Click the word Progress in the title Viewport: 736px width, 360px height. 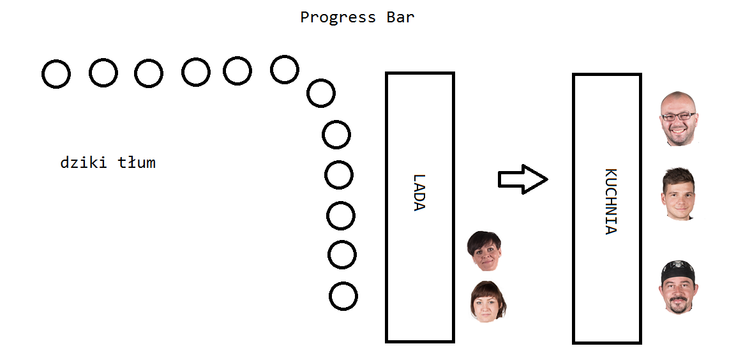coord(338,17)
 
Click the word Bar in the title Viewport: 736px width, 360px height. coord(400,17)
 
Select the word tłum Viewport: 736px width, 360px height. coord(137,163)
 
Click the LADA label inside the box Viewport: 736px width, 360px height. coord(419,192)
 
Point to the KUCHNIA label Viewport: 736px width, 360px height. coord(611,202)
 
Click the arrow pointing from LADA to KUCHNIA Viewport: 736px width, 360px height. coord(522,179)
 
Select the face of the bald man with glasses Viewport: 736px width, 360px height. coord(679,119)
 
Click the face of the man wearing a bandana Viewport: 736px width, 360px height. coord(678,288)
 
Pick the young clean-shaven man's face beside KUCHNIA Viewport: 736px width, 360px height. coord(677,195)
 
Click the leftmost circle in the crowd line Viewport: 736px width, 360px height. coord(56,74)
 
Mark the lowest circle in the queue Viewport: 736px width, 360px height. coord(343,296)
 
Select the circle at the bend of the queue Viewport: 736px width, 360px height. coord(320,93)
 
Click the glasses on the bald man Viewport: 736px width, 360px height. coord(679,116)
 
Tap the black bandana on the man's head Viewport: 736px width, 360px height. coord(677,268)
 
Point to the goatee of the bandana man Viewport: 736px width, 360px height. coord(678,307)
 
